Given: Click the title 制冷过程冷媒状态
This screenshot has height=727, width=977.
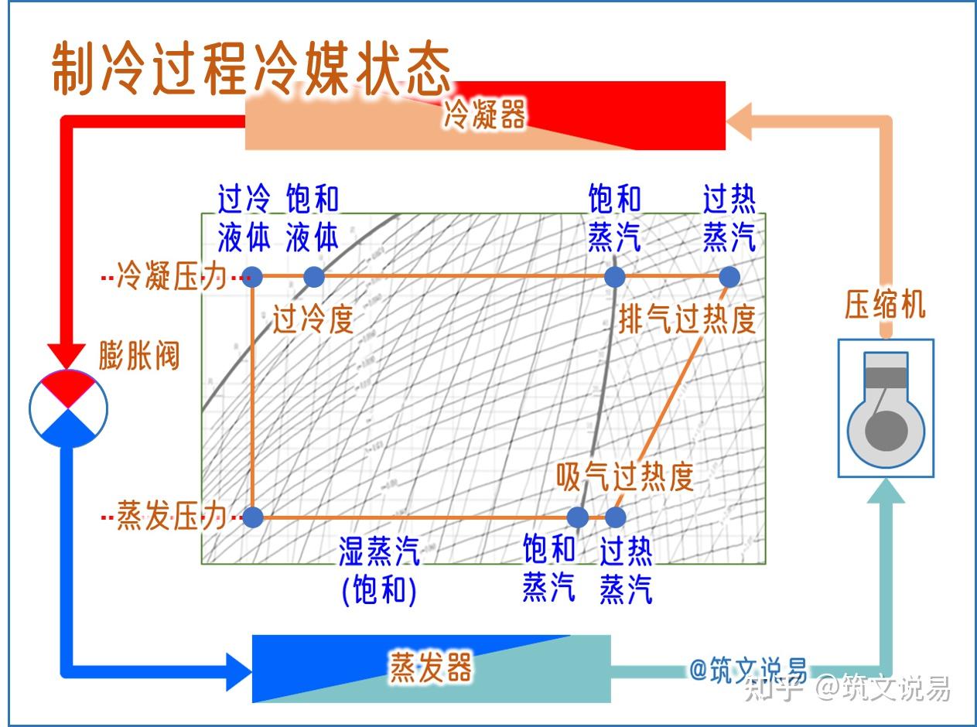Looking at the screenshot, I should pyautogui.click(x=251, y=70).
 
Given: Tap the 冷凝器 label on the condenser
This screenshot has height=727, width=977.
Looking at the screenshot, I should pyautogui.click(x=484, y=116).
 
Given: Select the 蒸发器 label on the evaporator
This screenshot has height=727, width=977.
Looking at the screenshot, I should pyautogui.click(x=430, y=667).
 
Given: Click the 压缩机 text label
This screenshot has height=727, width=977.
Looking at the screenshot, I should pyautogui.click(x=885, y=305).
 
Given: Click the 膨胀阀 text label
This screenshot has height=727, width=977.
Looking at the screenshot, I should pyautogui.click(x=139, y=357).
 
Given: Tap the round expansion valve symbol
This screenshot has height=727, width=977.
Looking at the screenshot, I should pyautogui.click(x=68, y=408).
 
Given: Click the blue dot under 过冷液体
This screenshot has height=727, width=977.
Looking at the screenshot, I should pyautogui.click(x=252, y=276).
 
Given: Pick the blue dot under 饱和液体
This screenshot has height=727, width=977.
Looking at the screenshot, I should pyautogui.click(x=313, y=276).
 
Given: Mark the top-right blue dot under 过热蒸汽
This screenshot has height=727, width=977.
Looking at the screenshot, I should pyautogui.click(x=729, y=276).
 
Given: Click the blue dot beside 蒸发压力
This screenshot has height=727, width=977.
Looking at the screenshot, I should pyautogui.click(x=252, y=517).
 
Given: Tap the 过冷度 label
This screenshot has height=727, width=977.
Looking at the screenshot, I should pyautogui.click(x=313, y=319).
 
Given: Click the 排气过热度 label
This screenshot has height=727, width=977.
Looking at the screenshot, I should pyautogui.click(x=687, y=319).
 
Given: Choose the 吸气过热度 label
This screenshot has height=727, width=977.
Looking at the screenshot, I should pyautogui.click(x=625, y=477).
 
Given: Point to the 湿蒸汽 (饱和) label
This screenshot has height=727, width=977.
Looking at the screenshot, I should pyautogui.click(x=379, y=571).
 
